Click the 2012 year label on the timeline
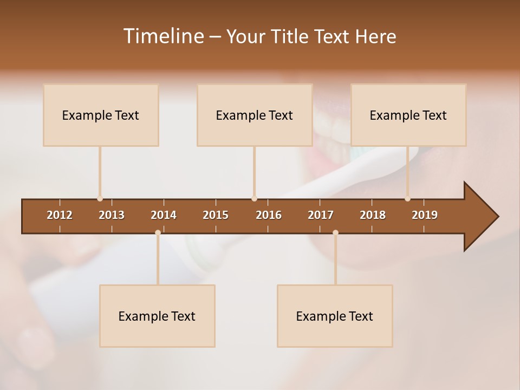tap(60, 215)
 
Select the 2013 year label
tap(112, 215)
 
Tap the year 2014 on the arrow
tap(164, 215)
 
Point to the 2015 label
tap(216, 215)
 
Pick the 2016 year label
tap(269, 215)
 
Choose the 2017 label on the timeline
tap(321, 215)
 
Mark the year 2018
tap(373, 215)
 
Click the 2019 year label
tap(425, 215)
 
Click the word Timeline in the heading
tap(163, 36)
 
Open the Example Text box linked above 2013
tap(101, 115)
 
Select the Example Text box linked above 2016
tap(255, 115)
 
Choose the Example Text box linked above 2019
tap(408, 115)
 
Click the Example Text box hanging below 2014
tap(157, 316)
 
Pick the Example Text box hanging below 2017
tap(335, 316)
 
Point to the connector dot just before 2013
tap(100, 199)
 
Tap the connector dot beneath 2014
tap(158, 233)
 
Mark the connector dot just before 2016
tap(254, 199)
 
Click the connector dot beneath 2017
tap(335, 233)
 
